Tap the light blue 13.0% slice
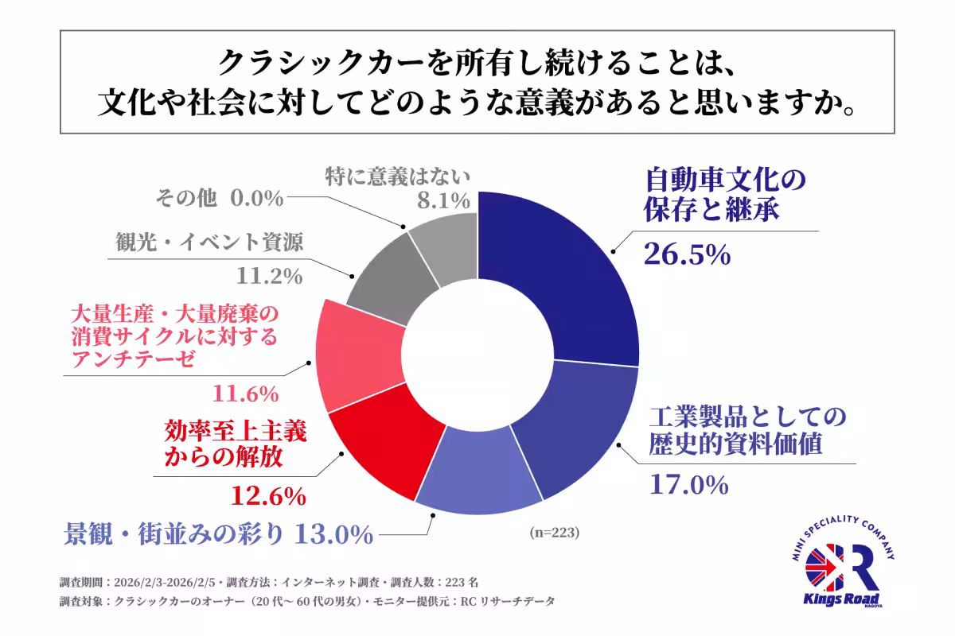click(x=477, y=469)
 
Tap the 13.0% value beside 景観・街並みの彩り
click(x=333, y=534)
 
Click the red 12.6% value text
click(x=268, y=496)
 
